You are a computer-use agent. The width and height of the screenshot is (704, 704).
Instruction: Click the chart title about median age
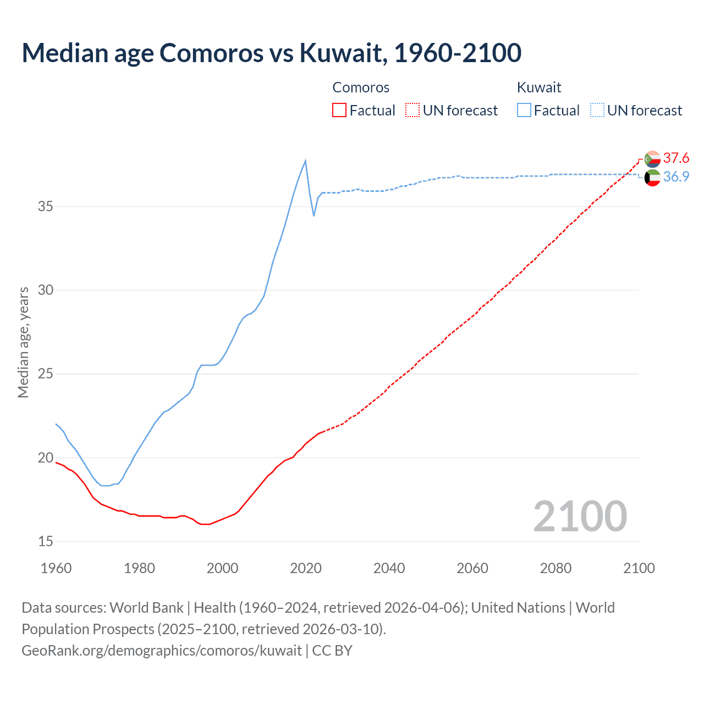click(271, 53)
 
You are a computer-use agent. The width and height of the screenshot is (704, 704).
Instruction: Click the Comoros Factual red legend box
click(339, 110)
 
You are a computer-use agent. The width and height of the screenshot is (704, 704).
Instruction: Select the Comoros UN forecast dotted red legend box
click(413, 110)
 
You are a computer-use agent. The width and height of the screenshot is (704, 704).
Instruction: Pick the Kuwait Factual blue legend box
click(524, 110)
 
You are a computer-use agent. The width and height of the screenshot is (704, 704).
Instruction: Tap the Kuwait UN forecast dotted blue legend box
click(597, 110)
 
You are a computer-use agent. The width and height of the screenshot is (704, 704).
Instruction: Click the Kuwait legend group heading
click(539, 87)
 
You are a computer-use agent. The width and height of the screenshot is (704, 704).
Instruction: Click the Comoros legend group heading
click(361, 87)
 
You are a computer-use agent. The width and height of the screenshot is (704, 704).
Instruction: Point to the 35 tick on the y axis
click(46, 207)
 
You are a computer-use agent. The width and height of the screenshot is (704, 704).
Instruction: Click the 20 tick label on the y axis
click(46, 458)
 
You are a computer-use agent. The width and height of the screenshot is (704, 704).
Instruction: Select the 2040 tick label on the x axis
click(389, 568)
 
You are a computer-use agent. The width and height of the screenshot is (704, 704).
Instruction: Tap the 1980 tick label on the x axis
click(139, 568)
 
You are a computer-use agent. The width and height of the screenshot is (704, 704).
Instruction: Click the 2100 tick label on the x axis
click(639, 568)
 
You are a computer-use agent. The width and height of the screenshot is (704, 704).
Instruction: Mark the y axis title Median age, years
click(23, 342)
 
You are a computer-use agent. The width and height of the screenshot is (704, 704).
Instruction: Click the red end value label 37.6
click(676, 158)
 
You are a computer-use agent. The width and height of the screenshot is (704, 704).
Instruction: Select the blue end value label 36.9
click(676, 177)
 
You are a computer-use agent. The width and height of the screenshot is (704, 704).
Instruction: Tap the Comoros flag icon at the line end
click(652, 159)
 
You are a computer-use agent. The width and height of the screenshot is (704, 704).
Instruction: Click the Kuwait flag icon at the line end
click(652, 178)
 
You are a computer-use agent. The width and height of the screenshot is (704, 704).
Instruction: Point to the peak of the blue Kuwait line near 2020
click(305, 161)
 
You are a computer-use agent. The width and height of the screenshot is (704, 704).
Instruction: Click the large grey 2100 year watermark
click(580, 516)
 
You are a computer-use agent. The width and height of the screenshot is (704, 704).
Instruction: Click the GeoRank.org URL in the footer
click(162, 650)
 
